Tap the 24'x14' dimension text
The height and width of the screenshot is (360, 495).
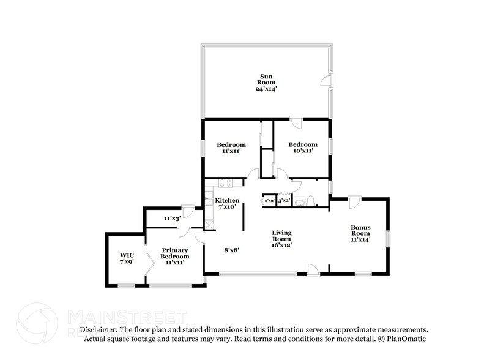click(x=266, y=89)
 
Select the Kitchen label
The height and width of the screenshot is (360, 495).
click(x=227, y=200)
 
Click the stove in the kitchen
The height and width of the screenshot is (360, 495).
click(x=224, y=182)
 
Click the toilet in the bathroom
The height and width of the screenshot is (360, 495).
click(x=310, y=200)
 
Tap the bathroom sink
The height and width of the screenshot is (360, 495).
click(x=299, y=201)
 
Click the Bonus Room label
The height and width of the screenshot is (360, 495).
click(x=360, y=231)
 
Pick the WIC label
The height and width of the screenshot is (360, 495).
click(x=127, y=254)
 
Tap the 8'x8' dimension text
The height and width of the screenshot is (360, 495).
click(x=232, y=250)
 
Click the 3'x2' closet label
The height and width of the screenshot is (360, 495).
click(x=284, y=200)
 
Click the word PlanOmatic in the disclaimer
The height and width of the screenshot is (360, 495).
click(x=405, y=339)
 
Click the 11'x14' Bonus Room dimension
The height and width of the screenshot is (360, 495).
click(x=360, y=240)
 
